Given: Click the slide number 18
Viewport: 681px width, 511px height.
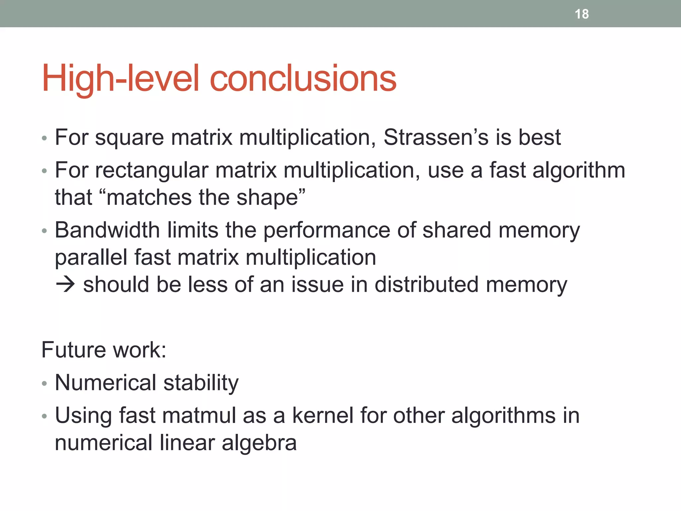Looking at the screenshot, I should click(x=582, y=14).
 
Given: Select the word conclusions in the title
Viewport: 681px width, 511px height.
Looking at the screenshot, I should click(x=303, y=79).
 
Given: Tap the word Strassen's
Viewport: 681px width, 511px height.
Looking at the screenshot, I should click(x=436, y=137).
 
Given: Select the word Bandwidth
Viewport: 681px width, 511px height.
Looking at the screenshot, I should click(x=107, y=230).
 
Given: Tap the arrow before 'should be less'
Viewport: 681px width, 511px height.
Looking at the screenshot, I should click(x=66, y=285).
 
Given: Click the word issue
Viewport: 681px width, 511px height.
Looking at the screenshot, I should click(x=317, y=285).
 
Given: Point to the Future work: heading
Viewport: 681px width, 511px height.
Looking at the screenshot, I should click(x=104, y=350).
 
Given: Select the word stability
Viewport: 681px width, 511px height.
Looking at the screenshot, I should click(x=201, y=383).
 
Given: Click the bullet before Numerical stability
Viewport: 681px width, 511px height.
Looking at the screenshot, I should click(x=45, y=384).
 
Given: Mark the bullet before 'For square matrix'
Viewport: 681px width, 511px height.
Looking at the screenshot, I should click(x=45, y=138).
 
